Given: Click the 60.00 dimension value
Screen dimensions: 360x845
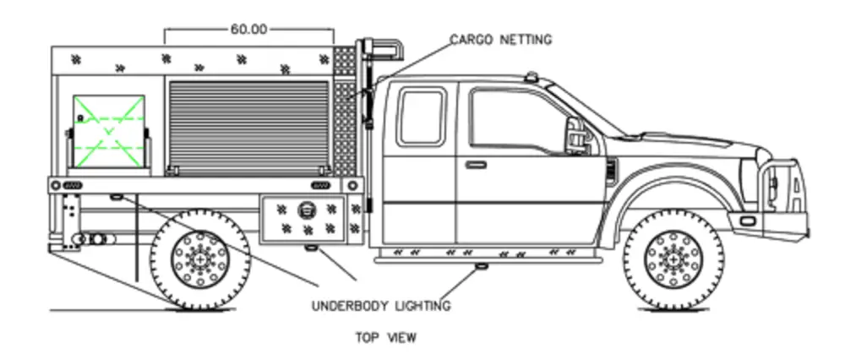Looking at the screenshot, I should pos(248,29).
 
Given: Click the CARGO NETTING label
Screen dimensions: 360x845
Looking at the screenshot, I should pos(500,40).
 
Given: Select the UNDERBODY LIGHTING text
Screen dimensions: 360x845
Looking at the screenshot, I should pos(381,305).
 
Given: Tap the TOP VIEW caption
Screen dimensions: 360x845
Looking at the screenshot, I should pos(386,338).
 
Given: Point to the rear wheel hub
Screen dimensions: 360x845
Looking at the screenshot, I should pos(199,258).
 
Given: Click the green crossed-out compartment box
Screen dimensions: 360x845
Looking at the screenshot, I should pos(107,128).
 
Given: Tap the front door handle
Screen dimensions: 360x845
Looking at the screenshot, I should pos(475,164).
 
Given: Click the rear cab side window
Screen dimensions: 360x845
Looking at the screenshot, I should pos(421,116).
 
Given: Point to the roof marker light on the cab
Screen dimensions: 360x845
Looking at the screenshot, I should pos(533,77).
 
